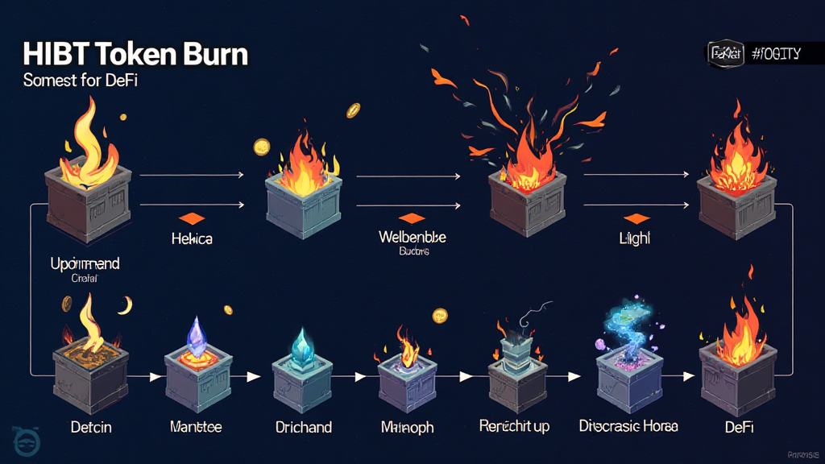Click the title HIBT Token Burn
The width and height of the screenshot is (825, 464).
(135, 55)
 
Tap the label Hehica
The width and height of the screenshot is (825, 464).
(192, 239)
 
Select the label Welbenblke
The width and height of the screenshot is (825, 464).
(412, 238)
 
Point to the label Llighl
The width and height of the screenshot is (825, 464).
(636, 239)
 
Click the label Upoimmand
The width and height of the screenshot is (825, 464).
(84, 263)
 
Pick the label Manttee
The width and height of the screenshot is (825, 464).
(196, 426)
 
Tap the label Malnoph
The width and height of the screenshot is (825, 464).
(408, 426)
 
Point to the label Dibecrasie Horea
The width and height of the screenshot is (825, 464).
(628, 425)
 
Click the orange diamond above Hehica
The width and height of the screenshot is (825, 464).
(192, 218)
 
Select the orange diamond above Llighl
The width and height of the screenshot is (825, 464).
(636, 218)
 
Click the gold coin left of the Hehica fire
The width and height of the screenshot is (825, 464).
(261, 147)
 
